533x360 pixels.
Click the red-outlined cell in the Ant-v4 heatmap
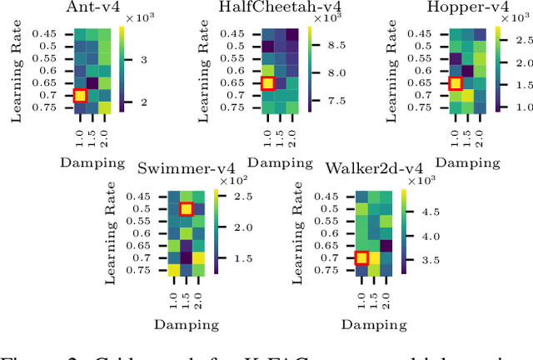[x=79, y=95]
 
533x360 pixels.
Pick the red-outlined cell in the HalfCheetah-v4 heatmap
[x=267, y=83]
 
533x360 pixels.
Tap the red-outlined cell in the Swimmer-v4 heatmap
[x=187, y=209]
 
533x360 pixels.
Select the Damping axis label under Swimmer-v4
[x=187, y=327]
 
